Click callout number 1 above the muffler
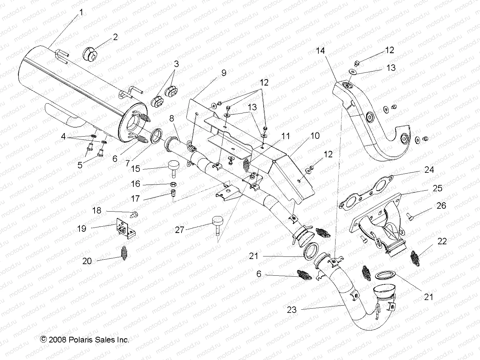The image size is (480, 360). click(x=81, y=13)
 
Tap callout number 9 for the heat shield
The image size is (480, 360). click(x=223, y=73)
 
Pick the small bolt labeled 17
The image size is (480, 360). click(x=173, y=193)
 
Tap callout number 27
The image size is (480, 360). click(x=180, y=230)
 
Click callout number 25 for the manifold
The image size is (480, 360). click(x=437, y=188)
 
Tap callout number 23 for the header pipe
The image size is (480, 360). click(x=292, y=310)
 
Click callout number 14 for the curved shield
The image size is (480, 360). click(x=320, y=51)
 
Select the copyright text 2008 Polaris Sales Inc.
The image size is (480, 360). click(x=85, y=339)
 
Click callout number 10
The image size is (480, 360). click(x=315, y=136)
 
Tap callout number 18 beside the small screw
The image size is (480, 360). click(x=97, y=210)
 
